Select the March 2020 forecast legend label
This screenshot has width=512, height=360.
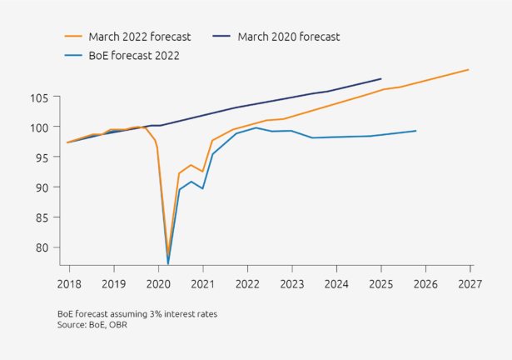pos(288,37)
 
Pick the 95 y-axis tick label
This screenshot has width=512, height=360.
pos(41,157)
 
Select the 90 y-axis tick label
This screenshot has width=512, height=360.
pos(41,187)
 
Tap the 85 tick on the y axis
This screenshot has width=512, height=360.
pos(41,217)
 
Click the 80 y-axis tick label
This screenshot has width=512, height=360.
pos(41,247)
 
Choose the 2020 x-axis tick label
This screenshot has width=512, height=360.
pos(157,283)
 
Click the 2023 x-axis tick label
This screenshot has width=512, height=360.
pos(291,283)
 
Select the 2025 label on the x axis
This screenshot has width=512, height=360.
pos(380,283)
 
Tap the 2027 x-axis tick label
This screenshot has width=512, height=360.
pos(470,283)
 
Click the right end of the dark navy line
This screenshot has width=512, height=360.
pos(381,78)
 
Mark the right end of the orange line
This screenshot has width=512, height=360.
pos(469,69)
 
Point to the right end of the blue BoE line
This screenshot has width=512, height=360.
pos(415,130)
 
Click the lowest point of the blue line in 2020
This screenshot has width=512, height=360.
pos(168,264)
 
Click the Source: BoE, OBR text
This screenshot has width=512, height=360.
pos(92,324)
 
